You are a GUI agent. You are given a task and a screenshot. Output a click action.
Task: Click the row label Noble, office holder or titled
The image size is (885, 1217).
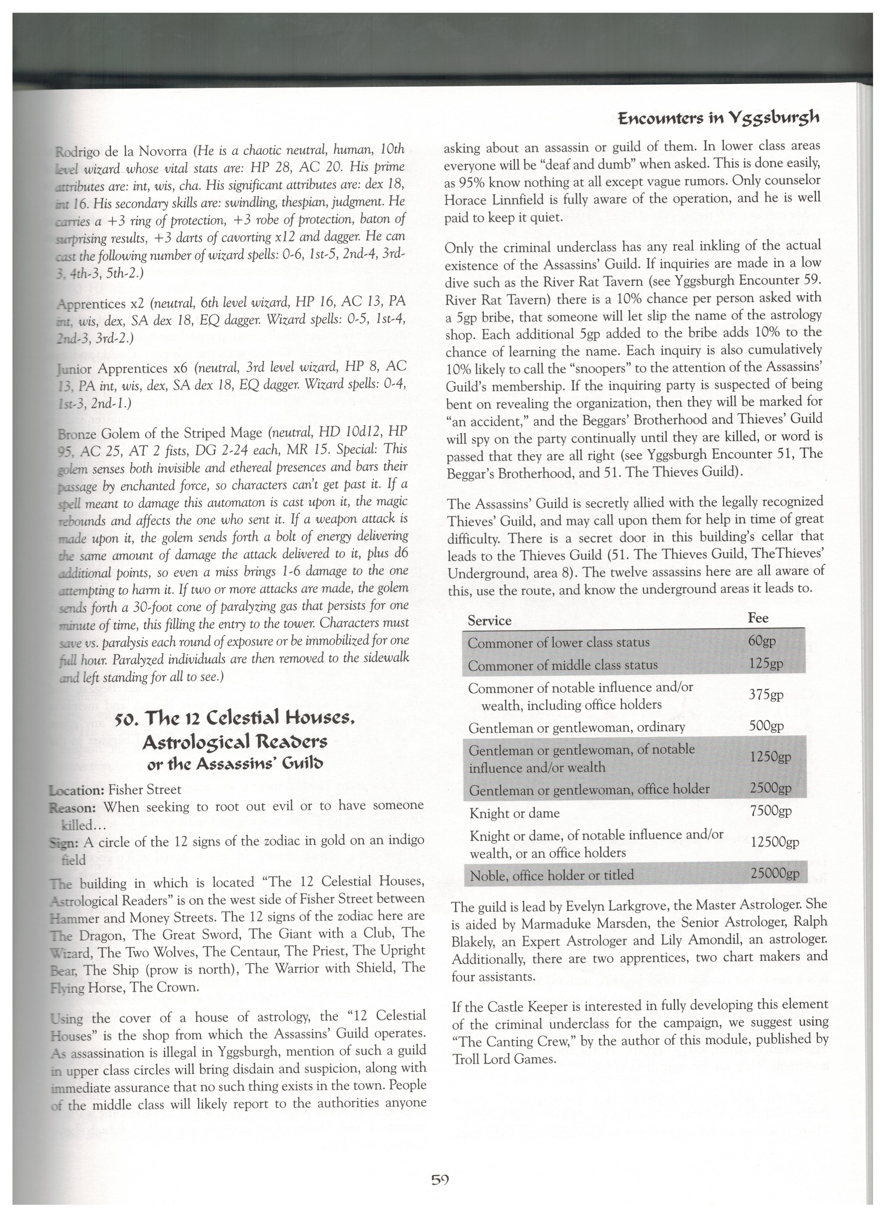click(x=552, y=875)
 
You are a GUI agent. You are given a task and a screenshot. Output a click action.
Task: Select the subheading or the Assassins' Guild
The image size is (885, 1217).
click(x=235, y=764)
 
